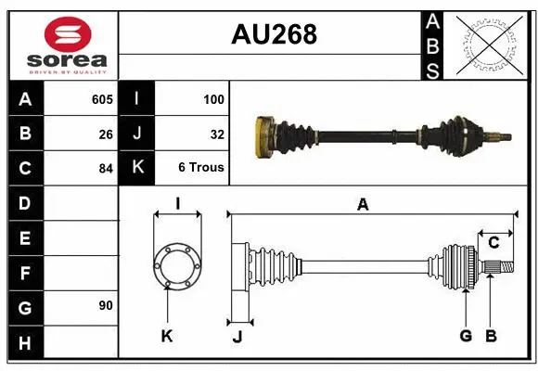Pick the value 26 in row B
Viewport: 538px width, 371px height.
coord(105,134)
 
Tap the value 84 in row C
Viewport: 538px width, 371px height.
coord(105,169)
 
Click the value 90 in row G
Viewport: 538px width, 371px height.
coord(105,305)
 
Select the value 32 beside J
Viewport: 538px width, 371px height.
coord(217,134)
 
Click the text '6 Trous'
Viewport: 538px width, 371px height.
coord(201,168)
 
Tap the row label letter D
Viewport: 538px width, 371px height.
coord(25,202)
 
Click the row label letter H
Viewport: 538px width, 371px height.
coord(25,343)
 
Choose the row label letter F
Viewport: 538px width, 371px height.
coord(25,274)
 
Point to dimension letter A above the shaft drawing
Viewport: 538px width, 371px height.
coord(363,205)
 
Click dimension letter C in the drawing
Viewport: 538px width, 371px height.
coord(494,243)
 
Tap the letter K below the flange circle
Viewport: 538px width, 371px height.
coord(167,336)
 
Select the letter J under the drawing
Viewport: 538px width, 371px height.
coord(237,337)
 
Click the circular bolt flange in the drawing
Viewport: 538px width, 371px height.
coord(176,266)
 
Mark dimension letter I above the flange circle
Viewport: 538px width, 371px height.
coord(176,205)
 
